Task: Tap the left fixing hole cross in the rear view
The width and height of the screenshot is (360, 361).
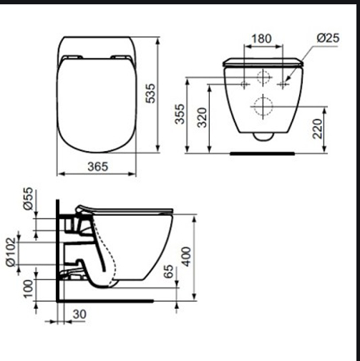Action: click(x=245, y=85)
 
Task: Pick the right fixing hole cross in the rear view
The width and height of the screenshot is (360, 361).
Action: click(x=285, y=85)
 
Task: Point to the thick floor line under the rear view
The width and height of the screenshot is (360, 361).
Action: click(x=262, y=153)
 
